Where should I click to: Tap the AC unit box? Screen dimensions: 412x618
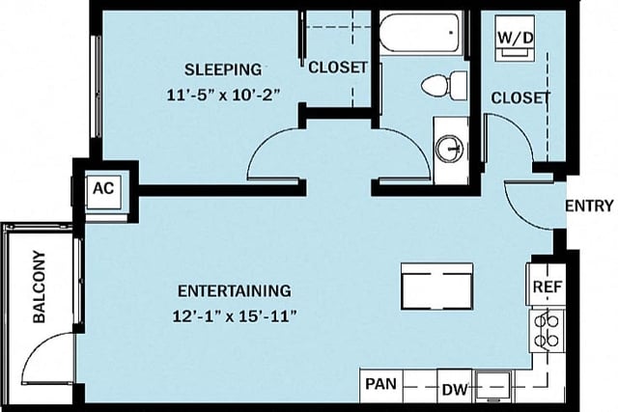(103, 188)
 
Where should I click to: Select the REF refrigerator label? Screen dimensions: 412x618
(546, 288)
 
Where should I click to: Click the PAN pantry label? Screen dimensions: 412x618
(379, 384)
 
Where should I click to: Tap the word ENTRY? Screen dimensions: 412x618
(587, 205)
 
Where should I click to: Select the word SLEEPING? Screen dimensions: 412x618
(223, 69)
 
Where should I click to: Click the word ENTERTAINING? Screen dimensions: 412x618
(234, 290)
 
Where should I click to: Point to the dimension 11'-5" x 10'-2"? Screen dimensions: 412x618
(223, 96)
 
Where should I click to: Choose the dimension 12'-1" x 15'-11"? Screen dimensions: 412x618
(236, 316)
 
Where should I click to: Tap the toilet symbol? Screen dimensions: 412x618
(438, 86)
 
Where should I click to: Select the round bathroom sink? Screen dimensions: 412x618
(449, 149)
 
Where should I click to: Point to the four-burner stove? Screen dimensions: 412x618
(548, 330)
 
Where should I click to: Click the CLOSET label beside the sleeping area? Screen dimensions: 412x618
(337, 68)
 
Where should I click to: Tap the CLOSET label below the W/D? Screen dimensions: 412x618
(520, 98)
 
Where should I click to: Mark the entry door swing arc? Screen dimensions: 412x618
(520, 201)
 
